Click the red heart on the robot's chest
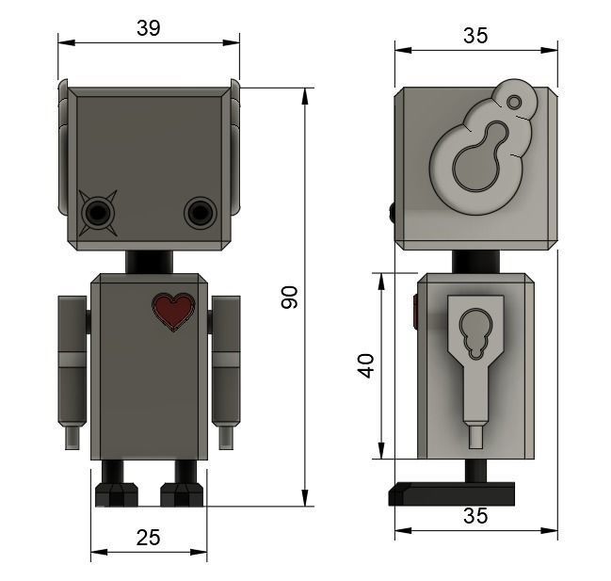[174, 311]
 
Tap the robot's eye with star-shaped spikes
[97, 214]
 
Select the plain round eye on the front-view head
[200, 213]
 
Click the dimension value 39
[148, 28]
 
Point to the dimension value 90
[290, 298]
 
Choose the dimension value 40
[366, 364]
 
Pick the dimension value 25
[148, 537]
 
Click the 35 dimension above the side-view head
[475, 36]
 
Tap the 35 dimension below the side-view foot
[475, 516]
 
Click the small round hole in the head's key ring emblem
[514, 102]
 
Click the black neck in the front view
[149, 261]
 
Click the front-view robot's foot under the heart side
[181, 493]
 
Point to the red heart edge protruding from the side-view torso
[414, 312]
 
